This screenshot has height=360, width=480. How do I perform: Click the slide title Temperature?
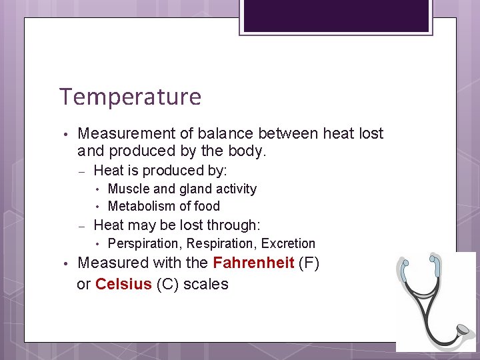pos(130,97)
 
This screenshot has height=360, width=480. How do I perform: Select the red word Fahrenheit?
pos(253,263)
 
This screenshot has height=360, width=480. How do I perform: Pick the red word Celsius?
pos(123,284)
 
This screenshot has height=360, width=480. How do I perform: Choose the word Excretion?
pos(288,243)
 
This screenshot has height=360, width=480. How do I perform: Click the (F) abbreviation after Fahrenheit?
pos(309,263)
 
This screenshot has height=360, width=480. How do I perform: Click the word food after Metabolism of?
pos(206,206)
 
